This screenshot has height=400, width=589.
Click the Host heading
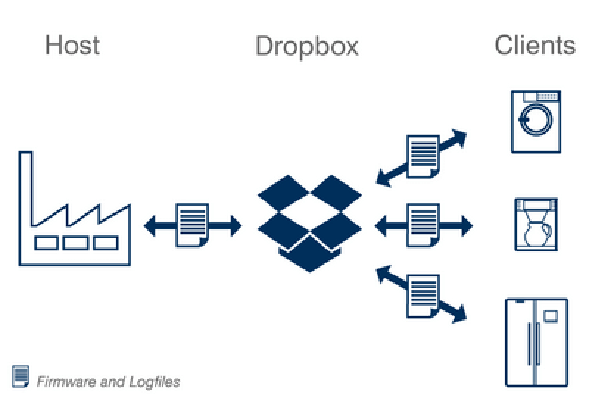(72, 45)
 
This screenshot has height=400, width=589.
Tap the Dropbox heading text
(307, 46)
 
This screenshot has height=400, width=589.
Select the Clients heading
(534, 45)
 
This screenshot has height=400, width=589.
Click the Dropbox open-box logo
(310, 223)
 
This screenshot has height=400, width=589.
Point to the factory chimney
(26, 186)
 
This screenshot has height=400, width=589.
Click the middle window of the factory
(76, 243)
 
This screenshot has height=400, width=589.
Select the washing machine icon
(536, 122)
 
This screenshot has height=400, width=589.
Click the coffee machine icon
(535, 225)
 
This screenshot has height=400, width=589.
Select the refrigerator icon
(536, 342)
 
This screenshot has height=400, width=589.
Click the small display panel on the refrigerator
(550, 315)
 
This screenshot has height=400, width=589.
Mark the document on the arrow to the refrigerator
(423, 296)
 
